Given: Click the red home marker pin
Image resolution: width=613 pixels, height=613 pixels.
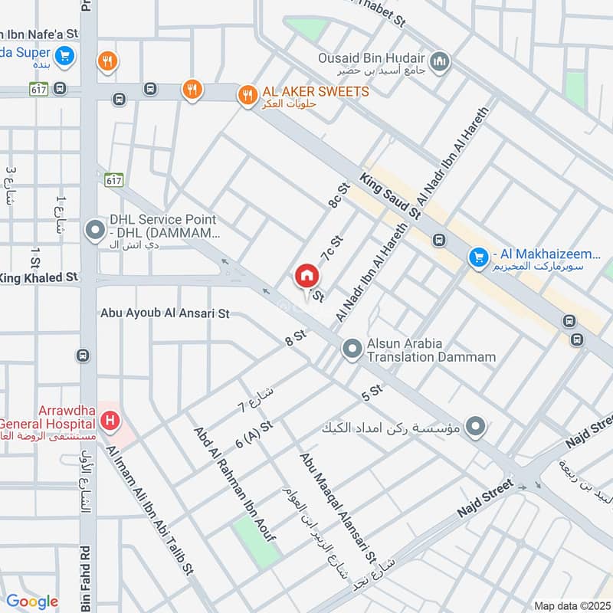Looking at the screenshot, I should tap(306, 276).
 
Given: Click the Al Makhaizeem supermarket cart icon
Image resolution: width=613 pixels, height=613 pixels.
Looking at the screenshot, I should tap(480, 257).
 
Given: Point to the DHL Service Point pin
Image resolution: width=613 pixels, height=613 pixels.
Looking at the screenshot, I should tap(95, 229).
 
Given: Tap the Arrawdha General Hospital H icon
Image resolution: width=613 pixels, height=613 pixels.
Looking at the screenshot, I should tap(111, 421).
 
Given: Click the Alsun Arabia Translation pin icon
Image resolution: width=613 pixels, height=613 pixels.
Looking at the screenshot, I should tap(352, 349).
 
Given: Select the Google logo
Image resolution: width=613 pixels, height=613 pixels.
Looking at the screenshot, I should tap(31, 602).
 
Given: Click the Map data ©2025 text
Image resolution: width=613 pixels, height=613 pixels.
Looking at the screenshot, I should tap(572, 605).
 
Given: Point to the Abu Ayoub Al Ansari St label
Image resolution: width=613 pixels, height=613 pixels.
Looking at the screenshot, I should tap(165, 313).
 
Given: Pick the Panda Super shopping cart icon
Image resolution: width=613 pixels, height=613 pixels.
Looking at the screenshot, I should tap(64, 55).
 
